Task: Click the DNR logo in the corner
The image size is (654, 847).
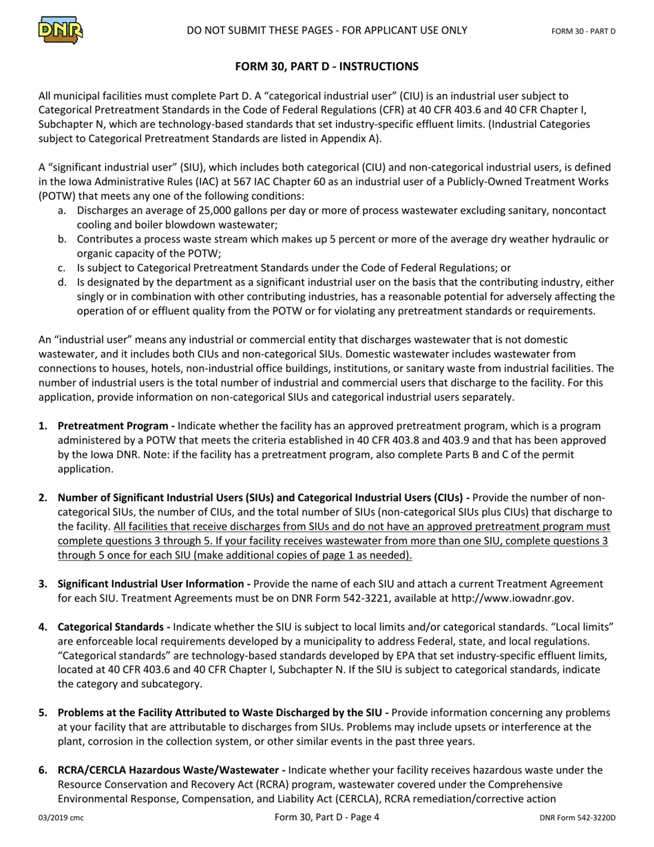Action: click(61, 30)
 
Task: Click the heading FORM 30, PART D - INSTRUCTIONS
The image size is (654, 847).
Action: click(326, 67)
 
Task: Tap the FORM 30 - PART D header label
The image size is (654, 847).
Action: click(583, 32)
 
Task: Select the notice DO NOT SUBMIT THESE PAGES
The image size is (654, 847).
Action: click(326, 30)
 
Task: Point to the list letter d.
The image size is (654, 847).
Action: click(63, 282)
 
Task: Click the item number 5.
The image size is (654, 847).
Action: click(43, 713)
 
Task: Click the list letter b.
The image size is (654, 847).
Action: click(63, 239)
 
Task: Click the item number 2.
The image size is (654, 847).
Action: click(43, 498)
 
